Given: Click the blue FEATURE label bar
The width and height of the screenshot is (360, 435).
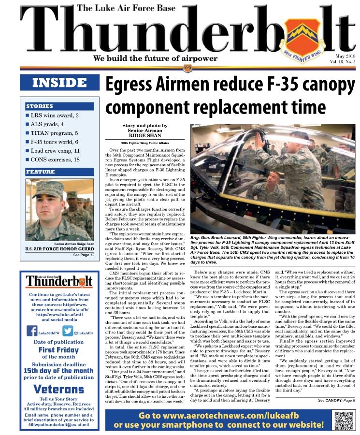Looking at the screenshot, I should click(x=59, y=172).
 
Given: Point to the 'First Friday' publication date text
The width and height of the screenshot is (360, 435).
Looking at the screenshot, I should click(x=59, y=350).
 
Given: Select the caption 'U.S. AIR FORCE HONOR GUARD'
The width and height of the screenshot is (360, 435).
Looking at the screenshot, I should click(x=59, y=249).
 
